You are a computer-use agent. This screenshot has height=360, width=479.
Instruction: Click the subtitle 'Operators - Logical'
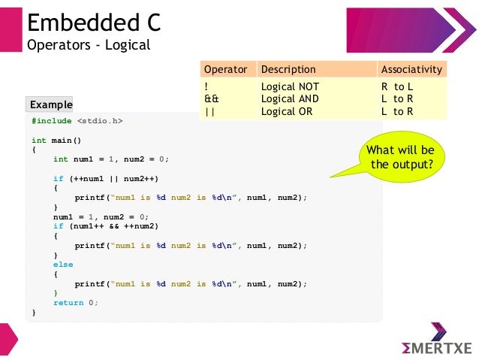pos(89,45)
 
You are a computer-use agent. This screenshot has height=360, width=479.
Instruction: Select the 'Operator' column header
pos(226,69)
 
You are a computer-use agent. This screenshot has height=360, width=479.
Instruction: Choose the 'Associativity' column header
pos(411,69)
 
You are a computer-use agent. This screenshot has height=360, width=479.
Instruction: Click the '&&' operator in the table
pos(212,98)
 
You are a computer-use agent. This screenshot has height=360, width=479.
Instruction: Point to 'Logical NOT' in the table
pos(290,86)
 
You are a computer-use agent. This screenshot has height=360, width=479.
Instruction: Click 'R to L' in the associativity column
pos(397,86)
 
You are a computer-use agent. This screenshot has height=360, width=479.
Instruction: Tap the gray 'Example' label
pos(50,104)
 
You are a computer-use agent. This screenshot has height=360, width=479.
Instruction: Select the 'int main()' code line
pos(56,140)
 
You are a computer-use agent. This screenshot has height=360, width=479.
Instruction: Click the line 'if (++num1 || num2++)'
pos(106,178)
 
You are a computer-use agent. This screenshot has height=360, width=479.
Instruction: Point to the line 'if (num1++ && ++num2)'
pos(106,225)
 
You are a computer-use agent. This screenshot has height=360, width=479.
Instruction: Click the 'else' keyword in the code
pos(63,264)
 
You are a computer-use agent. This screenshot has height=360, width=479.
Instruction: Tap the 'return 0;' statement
pos(75,302)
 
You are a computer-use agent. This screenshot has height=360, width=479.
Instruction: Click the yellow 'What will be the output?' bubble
pos(400,156)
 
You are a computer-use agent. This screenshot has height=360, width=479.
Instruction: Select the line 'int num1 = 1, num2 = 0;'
pos(111,159)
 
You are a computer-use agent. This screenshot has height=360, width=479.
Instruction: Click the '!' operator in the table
pos(206,86)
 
